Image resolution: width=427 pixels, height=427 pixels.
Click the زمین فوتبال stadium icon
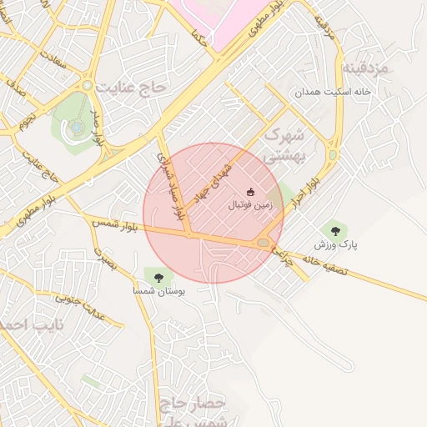(251, 192)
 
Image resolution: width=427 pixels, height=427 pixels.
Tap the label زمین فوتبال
(250, 203)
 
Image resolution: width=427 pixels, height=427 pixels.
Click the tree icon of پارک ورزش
(335, 231)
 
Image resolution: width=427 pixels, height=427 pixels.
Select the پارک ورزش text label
(335, 245)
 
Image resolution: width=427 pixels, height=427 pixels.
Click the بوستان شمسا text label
(158, 292)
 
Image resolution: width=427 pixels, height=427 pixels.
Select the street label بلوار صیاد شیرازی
(169, 187)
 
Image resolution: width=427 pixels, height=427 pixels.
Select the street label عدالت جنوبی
(84, 294)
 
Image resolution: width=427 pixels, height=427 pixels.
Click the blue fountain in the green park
(77, 128)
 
